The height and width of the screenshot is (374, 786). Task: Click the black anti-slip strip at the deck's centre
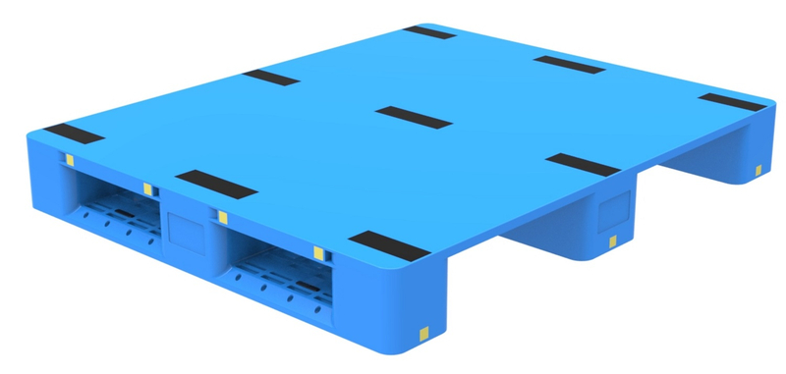pyautogui.click(x=414, y=117)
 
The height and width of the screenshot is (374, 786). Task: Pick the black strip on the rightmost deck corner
pyautogui.click(x=730, y=101)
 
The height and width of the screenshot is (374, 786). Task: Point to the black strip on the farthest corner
pyautogui.click(x=428, y=32)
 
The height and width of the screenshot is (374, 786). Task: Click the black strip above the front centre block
pyautogui.click(x=216, y=183)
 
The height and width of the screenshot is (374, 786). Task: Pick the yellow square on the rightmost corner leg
pyautogui.click(x=758, y=174)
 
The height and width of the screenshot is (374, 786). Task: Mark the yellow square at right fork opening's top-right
pyautogui.click(x=318, y=252)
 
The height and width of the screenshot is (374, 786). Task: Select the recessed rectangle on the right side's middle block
pyautogui.click(x=614, y=209)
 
